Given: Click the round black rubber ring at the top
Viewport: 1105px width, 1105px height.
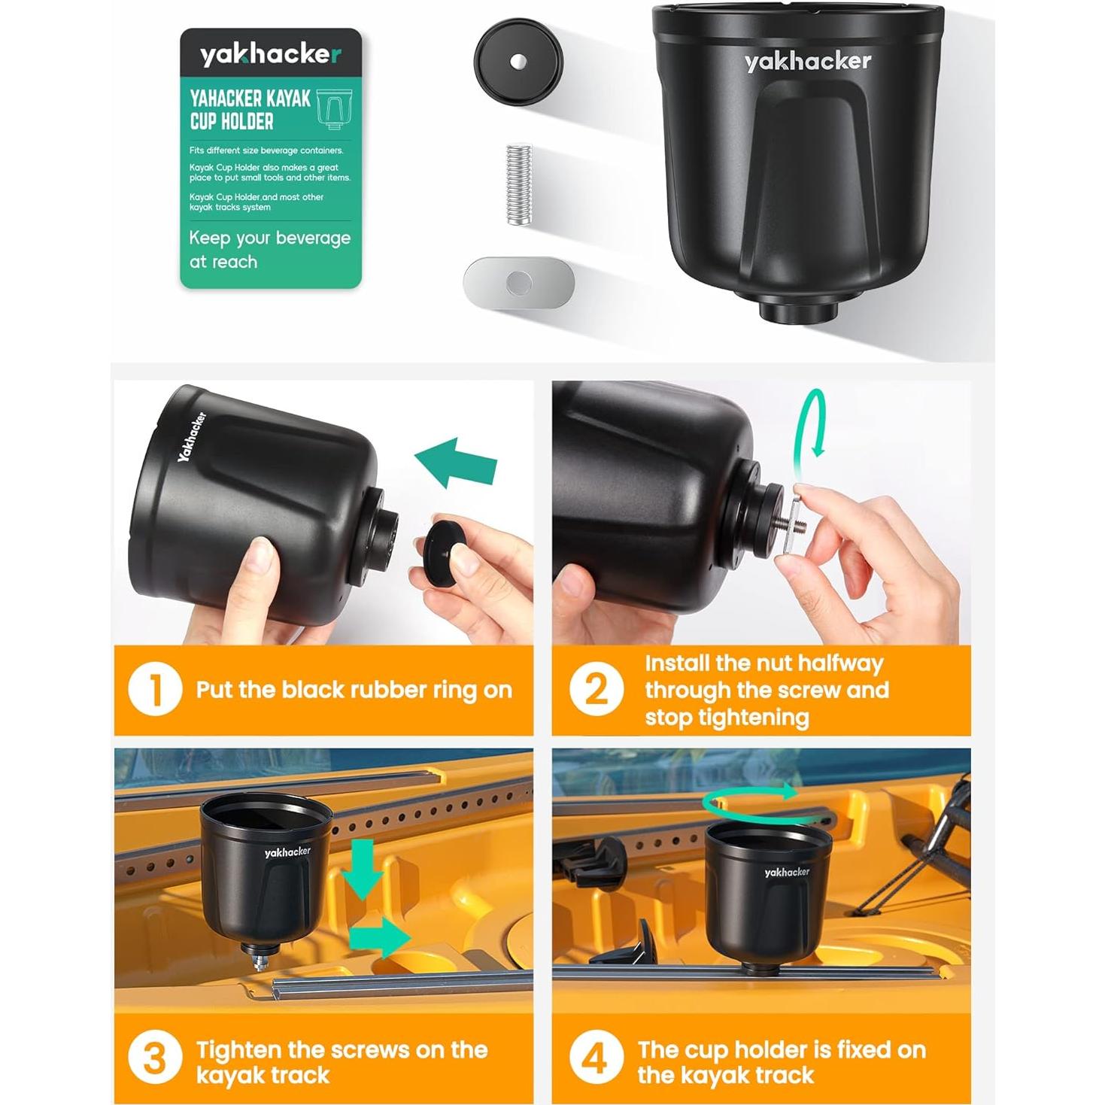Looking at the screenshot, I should [x=518, y=61].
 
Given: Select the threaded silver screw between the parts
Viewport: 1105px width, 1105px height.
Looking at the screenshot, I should [x=519, y=184].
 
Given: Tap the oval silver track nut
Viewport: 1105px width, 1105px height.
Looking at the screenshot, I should [x=518, y=282].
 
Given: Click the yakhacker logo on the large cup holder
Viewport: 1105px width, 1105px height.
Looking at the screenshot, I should [x=807, y=62].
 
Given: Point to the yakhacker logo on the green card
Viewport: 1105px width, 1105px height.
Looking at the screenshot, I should [x=270, y=54].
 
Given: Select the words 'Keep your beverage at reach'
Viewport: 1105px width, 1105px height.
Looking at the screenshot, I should [x=269, y=250].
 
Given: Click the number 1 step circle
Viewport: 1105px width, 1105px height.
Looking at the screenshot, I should [x=155, y=689].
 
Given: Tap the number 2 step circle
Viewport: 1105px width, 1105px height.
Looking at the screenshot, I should [x=596, y=689].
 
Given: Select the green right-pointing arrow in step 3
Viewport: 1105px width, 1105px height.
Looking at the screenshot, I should [x=381, y=937].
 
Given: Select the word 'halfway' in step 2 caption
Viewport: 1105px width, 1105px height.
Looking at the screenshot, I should [x=839, y=663].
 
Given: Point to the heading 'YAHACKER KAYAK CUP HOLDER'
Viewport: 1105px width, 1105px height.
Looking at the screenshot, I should [x=250, y=110].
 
